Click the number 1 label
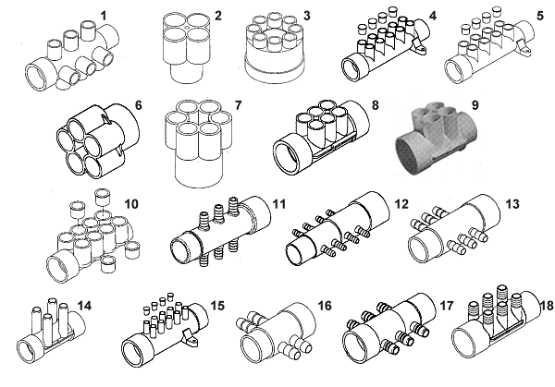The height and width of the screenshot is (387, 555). click(105, 14)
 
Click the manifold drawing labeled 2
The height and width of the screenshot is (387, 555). click(188, 52)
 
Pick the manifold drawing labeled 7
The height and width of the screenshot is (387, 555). click(197, 147)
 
